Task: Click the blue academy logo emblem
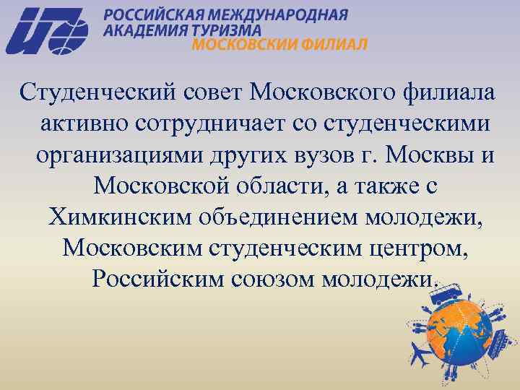tap(47, 30)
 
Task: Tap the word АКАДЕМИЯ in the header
tap(143, 30)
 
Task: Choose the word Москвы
tap(426, 155)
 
